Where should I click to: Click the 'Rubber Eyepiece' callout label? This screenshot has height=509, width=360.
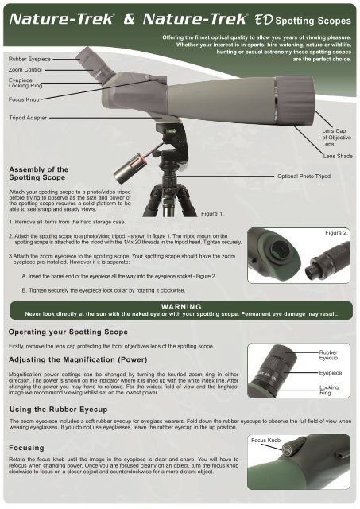pyautogui.click(x=29, y=59)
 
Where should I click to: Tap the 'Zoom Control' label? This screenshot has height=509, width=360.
pyautogui.click(x=25, y=69)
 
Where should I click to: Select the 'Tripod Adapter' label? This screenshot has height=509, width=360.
pyautogui.click(x=28, y=118)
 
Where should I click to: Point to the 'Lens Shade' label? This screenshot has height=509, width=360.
pyautogui.click(x=338, y=156)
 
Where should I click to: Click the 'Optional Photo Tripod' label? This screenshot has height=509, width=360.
pyautogui.click(x=304, y=177)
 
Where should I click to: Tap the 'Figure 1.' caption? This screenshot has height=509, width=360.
pyautogui.click(x=212, y=214)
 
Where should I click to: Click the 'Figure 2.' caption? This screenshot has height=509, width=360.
pyautogui.click(x=337, y=233)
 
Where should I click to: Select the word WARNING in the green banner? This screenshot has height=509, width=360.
pyautogui.click(x=181, y=307)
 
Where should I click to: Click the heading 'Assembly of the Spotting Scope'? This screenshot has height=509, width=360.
pyautogui.click(x=39, y=173)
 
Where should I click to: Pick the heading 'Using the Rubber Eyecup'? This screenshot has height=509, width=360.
pyautogui.click(x=58, y=410)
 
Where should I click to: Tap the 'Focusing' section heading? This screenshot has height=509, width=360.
pyautogui.click(x=26, y=448)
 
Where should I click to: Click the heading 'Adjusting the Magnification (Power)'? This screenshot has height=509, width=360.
pyautogui.click(x=78, y=359)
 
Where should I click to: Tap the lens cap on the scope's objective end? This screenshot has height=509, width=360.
pyautogui.click(x=295, y=101)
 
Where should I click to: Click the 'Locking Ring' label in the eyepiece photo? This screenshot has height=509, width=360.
pyautogui.click(x=329, y=390)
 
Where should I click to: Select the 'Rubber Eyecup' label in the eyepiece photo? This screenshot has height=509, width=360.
pyautogui.click(x=328, y=355)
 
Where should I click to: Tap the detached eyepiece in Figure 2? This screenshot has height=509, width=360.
pyautogui.click(x=327, y=261)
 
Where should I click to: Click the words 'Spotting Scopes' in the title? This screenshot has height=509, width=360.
pyautogui.click(x=313, y=21)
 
